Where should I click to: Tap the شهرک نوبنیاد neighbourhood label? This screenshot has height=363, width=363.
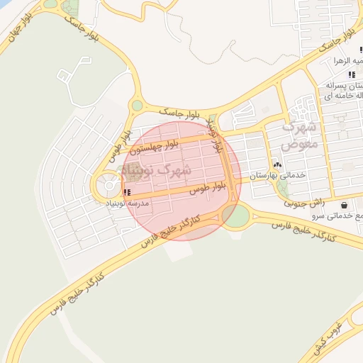point(157,170)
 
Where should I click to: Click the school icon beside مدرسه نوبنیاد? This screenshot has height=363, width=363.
point(126,192)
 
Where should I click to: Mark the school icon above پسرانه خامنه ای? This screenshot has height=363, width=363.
point(352,74)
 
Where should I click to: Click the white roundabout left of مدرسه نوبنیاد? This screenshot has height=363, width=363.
point(110,186)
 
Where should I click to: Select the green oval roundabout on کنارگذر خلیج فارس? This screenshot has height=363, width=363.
point(235,215)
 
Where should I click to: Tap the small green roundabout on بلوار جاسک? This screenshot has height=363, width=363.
point(136,106)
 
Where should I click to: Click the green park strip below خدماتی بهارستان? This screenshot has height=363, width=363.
point(283,189)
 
